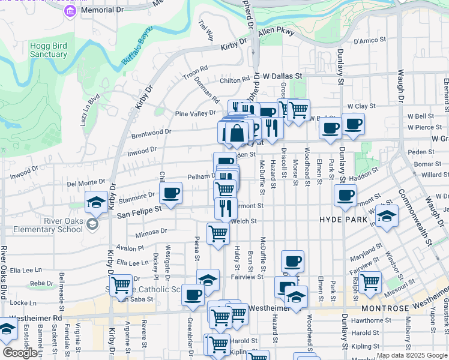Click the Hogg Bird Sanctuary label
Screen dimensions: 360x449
(x=49, y=50)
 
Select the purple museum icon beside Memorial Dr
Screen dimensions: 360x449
(x=71, y=10)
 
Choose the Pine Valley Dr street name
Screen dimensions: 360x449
(x=195, y=113)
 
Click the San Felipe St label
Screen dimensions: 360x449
(x=139, y=211)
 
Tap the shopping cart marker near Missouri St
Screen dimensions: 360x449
(x=370, y=281)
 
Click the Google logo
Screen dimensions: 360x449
(x=20, y=352)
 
